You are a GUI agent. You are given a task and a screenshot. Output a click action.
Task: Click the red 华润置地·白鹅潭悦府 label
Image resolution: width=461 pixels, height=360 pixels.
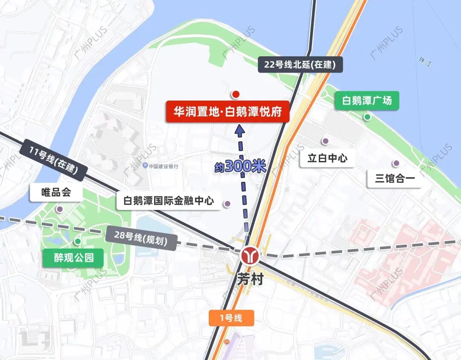click(x=228, y=112)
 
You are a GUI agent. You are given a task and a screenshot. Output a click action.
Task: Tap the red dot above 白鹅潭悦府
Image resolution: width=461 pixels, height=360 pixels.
click(x=235, y=94)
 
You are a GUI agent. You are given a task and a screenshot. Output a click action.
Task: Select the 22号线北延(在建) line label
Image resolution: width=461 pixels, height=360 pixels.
click(x=300, y=65)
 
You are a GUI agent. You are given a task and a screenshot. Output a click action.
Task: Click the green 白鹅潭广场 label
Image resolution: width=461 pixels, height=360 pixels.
click(x=367, y=101)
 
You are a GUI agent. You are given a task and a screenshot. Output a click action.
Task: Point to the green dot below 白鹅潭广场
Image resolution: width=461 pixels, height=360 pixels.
click(x=367, y=117)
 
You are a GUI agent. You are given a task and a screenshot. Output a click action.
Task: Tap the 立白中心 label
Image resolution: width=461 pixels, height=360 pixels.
click(x=327, y=158)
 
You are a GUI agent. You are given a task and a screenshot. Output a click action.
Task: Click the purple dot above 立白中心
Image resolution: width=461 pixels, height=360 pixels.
click(x=325, y=141)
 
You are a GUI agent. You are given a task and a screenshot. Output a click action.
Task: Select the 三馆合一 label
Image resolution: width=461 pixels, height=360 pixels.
click(x=395, y=179)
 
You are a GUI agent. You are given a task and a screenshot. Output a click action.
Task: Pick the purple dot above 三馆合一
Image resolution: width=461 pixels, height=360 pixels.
click(x=396, y=163)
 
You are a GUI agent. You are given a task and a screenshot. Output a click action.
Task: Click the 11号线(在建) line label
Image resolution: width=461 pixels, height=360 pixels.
click(x=54, y=160)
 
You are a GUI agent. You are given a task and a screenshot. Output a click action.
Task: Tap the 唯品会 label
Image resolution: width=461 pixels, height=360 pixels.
click(x=56, y=193)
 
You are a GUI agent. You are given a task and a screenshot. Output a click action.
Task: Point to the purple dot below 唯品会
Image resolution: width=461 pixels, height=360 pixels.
click(x=59, y=209)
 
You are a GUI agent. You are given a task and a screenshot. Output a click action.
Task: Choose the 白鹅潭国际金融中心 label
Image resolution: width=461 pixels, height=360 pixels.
click(x=169, y=201)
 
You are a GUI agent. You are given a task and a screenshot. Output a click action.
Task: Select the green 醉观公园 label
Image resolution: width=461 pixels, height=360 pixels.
click(x=73, y=258)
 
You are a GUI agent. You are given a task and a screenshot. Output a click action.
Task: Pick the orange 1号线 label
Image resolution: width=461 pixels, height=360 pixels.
click(x=231, y=318)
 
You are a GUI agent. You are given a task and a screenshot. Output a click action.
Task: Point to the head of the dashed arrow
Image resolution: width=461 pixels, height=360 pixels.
click(x=239, y=129)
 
